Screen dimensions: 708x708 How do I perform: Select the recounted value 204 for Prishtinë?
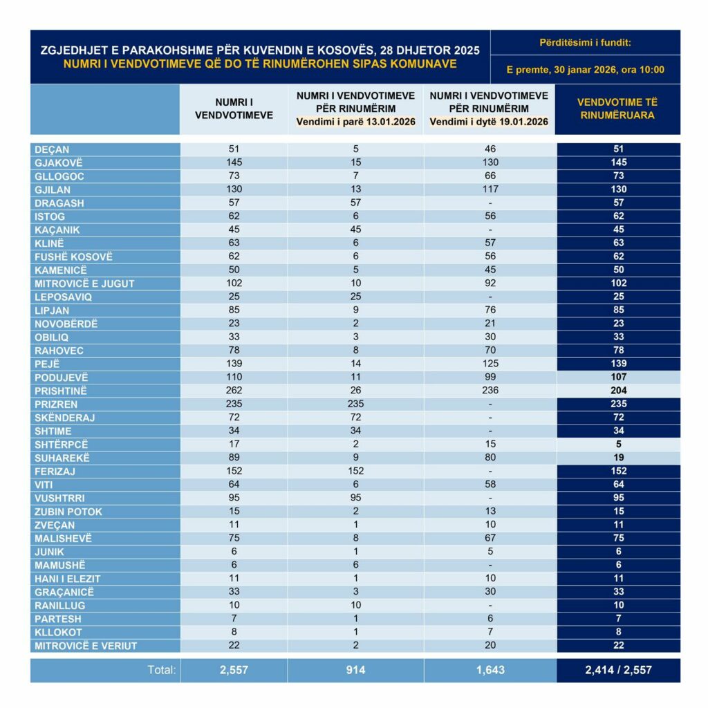[618, 391]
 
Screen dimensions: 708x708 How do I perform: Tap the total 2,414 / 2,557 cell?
[618, 669]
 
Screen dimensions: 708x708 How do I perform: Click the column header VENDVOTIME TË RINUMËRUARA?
[618, 109]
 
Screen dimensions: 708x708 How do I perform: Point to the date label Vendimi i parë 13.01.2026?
[355, 122]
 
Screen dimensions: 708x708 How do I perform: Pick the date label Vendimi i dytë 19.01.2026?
[489, 122]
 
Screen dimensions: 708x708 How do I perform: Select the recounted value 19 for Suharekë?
[618, 458]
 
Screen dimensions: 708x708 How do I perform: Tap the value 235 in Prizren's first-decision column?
[355, 404]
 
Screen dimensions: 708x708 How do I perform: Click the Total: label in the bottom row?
[162, 669]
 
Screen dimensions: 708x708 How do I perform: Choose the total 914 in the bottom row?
[355, 669]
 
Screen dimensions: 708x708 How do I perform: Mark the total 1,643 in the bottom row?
[490, 669]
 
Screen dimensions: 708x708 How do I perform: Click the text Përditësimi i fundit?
[585, 43]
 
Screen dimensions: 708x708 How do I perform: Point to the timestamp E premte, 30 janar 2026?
[585, 69]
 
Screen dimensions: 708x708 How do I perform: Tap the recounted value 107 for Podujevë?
[618, 378]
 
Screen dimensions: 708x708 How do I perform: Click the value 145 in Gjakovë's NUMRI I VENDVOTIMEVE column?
[233, 162]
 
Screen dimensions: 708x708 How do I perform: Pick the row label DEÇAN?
[52, 149]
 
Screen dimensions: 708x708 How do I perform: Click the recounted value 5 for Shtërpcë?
[618, 445]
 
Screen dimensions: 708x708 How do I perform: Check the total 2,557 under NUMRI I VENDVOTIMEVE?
[233, 669]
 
